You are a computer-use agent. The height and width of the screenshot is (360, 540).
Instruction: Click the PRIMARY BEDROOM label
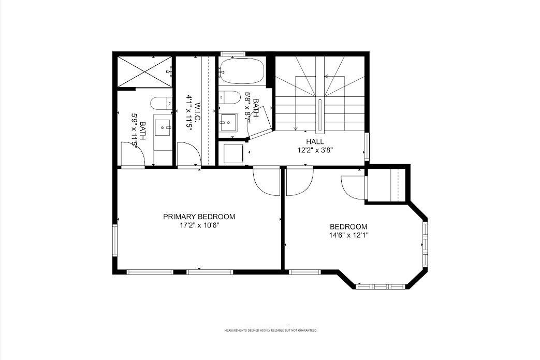pos(199,217)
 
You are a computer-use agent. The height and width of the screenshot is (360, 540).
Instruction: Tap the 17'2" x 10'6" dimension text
pos(199,225)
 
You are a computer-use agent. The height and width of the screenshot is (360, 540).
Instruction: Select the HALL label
pos(315,141)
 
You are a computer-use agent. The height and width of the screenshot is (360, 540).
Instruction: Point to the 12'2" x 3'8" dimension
pos(315,150)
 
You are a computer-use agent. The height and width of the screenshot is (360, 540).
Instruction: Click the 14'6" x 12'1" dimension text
pos(348,235)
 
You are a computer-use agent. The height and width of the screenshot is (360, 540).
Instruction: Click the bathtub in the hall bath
pos(241,71)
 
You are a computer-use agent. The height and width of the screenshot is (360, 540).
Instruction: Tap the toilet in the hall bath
pos(229,97)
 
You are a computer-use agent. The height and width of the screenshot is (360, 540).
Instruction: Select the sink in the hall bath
pos(228,122)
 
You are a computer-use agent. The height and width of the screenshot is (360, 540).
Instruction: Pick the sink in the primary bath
pos(163,127)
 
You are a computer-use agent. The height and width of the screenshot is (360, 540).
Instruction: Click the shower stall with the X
pos(144,71)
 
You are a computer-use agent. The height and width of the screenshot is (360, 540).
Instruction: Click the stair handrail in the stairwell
pos(320,115)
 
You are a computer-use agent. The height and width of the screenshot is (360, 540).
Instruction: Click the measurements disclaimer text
pos(271,330)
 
